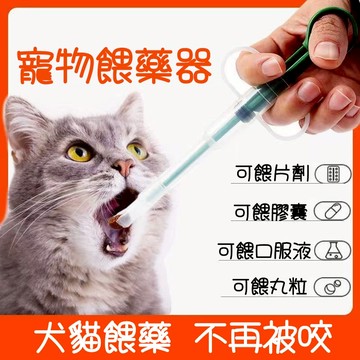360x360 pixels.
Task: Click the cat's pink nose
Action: pos(122,167)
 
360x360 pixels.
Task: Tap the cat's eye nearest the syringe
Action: pos(138,151)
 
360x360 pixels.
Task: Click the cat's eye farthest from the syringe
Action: pos(79,154)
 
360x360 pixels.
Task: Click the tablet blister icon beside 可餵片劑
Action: pos(333,174)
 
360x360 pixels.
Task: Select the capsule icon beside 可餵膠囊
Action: pos(333,211)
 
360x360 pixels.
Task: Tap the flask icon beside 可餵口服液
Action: pos(333,250)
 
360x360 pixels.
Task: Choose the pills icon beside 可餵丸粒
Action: pos(333,287)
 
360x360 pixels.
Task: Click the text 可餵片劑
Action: pos(273,173)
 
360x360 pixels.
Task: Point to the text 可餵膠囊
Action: pos(270,211)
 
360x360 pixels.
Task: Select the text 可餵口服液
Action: pos(264,250)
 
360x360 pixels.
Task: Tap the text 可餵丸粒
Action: pos(270,287)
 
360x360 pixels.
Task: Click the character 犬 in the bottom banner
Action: pos(51,337)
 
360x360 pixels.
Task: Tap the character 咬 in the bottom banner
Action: pos(314,337)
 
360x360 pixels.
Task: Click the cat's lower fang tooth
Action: pos(109,248)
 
